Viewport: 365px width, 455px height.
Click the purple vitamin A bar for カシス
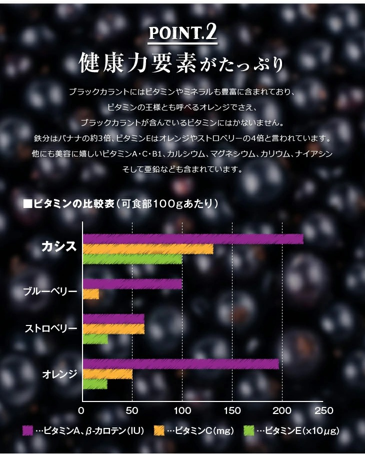[x=192, y=239]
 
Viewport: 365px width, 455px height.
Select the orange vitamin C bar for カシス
[x=148, y=249]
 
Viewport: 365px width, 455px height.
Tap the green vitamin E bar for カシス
[x=132, y=259]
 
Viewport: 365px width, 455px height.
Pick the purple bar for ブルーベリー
[x=132, y=284]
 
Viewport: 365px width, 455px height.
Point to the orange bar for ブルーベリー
[x=90, y=294]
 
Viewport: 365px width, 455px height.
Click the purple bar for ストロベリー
[x=113, y=319]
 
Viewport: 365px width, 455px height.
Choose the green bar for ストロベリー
[x=95, y=339]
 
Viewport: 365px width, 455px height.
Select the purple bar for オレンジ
[x=180, y=364]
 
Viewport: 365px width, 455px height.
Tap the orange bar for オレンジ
[x=107, y=374]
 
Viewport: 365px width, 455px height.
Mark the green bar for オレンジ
[x=94, y=384]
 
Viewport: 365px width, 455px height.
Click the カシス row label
[x=59, y=246]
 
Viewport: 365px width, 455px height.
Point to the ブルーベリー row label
[x=50, y=291]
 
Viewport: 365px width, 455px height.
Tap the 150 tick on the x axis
[x=232, y=411]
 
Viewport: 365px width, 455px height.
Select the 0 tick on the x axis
[x=81, y=411]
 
